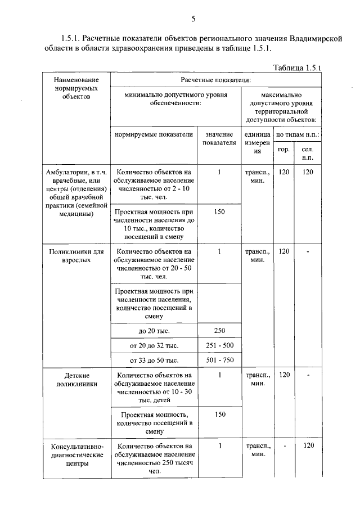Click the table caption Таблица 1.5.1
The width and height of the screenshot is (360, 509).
pos(296,68)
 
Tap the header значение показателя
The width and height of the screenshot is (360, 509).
pos(220,139)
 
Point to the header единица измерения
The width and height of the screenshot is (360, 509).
pos(257,143)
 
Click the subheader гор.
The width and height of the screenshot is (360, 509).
pos(284,150)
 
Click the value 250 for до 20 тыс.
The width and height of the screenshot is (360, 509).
pos(220,331)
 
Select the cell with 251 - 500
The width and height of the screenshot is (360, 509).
pos(220,345)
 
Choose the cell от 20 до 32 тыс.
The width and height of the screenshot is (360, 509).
pos(154,345)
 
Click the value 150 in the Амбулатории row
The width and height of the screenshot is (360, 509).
pos(220,211)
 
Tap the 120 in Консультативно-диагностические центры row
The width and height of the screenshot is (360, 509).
pos(308,445)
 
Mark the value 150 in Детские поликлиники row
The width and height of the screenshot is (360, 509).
pos(220,414)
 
